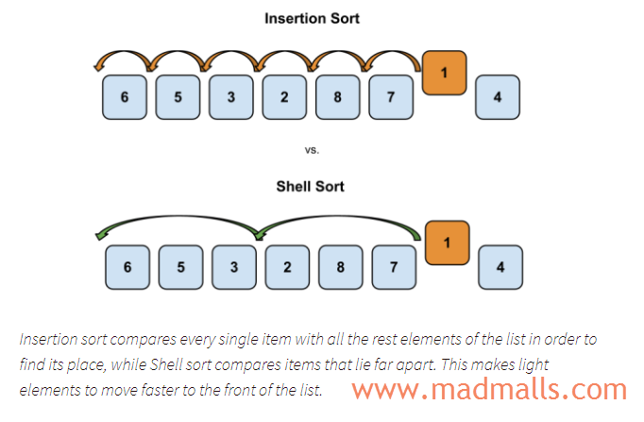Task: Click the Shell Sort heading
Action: (310, 186)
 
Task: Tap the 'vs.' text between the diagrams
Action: (311, 149)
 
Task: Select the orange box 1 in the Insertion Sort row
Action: (447, 73)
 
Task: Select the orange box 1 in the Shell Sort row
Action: (448, 243)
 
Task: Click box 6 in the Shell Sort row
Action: (128, 267)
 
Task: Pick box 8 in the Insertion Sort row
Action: (337, 97)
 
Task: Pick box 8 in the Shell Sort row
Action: (340, 267)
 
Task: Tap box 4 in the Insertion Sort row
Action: (497, 97)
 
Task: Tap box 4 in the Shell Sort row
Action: (500, 267)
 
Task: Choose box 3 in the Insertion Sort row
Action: (231, 97)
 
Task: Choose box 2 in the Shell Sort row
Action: (287, 267)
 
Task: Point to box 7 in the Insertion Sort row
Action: (390, 97)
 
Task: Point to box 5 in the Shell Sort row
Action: (181, 267)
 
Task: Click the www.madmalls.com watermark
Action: (489, 388)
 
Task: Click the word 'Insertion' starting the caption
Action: (44, 339)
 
